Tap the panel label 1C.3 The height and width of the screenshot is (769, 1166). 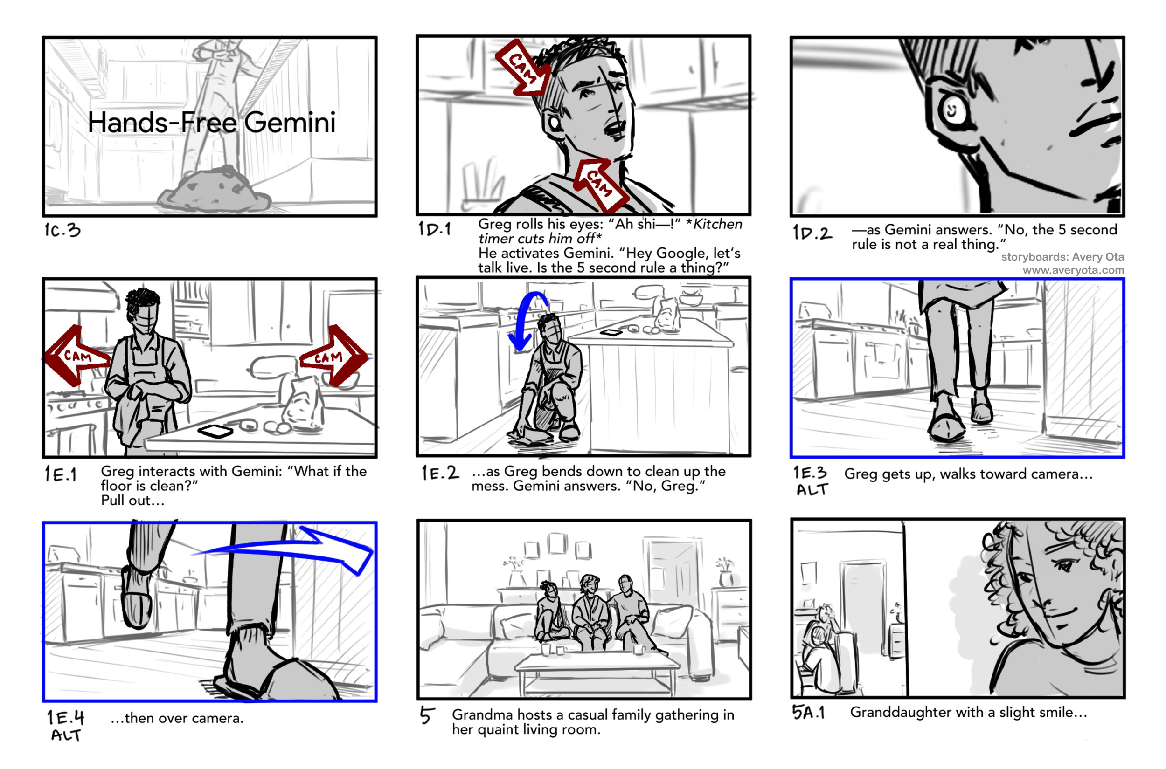click(62, 229)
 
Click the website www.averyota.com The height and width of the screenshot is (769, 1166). click(1073, 270)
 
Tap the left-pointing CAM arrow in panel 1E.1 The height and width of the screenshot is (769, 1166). click(77, 356)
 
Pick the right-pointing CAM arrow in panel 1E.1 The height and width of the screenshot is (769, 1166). click(333, 356)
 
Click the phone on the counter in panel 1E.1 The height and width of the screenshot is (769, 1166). click(215, 431)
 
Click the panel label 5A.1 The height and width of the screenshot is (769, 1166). click(808, 712)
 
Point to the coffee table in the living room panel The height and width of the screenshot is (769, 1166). click(597, 672)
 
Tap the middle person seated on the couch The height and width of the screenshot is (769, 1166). click(590, 613)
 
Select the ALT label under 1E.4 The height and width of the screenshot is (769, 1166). click(66, 735)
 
